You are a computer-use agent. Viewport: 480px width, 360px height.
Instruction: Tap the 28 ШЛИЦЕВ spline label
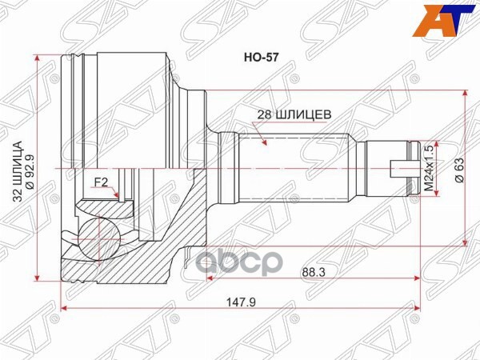pos(294,114)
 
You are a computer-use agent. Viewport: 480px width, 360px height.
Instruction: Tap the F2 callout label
pos(102,182)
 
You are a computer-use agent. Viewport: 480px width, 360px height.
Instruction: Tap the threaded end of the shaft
pos(388,168)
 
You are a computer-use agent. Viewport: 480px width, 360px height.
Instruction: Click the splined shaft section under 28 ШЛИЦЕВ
pos(304,168)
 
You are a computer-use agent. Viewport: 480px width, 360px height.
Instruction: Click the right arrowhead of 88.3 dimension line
pos(418,278)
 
